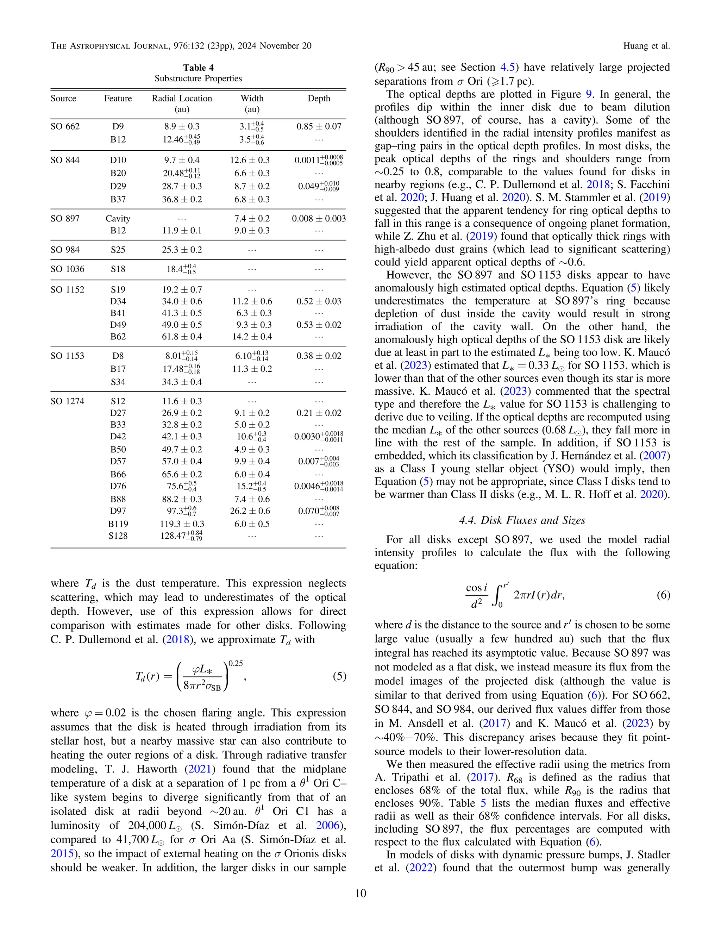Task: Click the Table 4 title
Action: (x=198, y=68)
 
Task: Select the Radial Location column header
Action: (x=182, y=98)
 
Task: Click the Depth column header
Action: (x=319, y=98)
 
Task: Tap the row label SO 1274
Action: (x=68, y=401)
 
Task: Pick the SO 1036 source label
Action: (x=68, y=269)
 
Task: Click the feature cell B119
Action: (x=118, y=524)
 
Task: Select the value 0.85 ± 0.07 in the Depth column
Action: (x=319, y=126)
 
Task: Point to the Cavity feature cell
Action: (x=118, y=218)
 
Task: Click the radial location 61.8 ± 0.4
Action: (x=182, y=337)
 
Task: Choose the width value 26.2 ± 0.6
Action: (x=252, y=511)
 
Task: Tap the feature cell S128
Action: (x=118, y=536)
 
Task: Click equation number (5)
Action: (x=339, y=676)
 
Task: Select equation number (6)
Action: (x=663, y=595)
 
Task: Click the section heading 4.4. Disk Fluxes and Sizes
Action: (x=522, y=520)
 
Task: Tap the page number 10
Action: (x=360, y=893)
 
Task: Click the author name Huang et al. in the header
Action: (x=646, y=46)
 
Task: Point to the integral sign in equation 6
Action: (x=496, y=595)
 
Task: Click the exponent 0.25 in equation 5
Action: (x=236, y=663)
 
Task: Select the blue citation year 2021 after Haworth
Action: (x=200, y=769)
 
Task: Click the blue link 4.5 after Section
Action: (x=507, y=68)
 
